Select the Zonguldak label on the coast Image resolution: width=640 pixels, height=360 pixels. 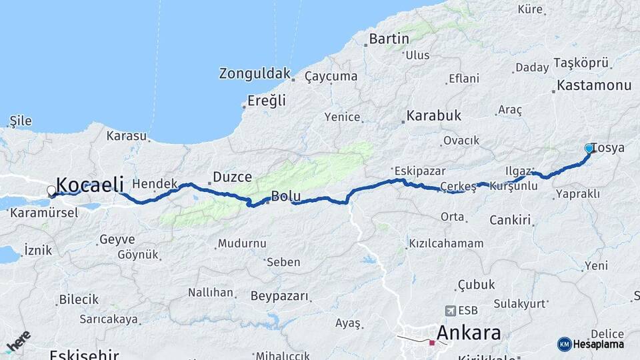[x=255, y=74]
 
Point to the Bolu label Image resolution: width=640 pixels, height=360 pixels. [x=286, y=197]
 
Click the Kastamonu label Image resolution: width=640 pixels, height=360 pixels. [x=593, y=85]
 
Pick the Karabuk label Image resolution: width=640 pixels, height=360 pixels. [x=434, y=116]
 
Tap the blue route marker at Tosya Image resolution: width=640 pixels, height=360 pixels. [x=589, y=148]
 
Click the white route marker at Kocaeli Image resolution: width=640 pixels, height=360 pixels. [x=51, y=191]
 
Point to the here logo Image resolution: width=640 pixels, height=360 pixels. [x=18, y=341]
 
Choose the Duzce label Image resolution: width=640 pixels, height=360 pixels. [x=232, y=177]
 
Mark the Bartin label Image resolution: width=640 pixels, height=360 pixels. [x=389, y=39]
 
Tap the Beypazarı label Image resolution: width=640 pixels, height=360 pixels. [x=280, y=295]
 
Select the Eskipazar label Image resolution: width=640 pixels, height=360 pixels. [x=415, y=169]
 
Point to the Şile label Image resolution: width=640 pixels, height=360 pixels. [x=20, y=121]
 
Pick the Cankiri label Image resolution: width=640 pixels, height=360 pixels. [x=509, y=220]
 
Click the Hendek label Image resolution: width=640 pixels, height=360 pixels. [x=155, y=183]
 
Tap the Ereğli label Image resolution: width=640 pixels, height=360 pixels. [x=266, y=101]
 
